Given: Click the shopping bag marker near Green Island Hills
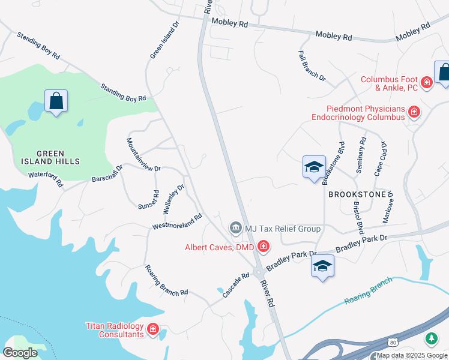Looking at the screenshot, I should tap(56, 102).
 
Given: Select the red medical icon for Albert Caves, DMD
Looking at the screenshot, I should tap(263, 247).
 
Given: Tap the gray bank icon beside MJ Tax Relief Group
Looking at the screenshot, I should tap(235, 228).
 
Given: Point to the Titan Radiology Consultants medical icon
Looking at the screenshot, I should tap(152, 329).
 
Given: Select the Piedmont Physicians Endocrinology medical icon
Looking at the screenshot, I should tap(414, 112).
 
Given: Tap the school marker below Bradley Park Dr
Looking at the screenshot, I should tap(322, 266).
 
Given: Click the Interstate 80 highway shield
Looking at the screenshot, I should tap(393, 341).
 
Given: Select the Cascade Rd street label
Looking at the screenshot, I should tap(236, 286).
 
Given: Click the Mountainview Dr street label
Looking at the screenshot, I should tap(143, 155).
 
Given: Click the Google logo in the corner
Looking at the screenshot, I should tap(20, 353).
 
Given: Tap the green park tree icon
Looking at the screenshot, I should tap(431, 338).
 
